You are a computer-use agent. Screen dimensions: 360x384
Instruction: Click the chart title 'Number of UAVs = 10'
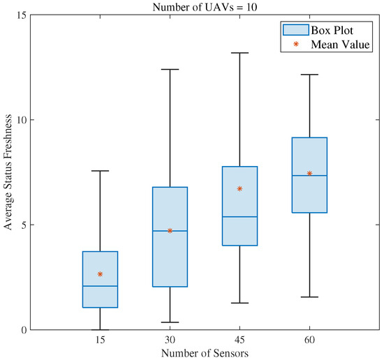(x=205, y=6)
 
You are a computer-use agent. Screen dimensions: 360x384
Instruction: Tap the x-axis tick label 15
(x=100, y=340)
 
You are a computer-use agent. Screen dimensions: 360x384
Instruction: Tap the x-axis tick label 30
(x=170, y=340)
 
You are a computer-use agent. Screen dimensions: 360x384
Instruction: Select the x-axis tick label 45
(x=239, y=340)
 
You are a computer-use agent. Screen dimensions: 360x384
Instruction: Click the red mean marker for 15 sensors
(x=100, y=274)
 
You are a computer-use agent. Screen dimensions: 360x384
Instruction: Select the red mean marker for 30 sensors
(x=170, y=230)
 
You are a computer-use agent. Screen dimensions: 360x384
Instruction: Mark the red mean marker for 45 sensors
(x=239, y=188)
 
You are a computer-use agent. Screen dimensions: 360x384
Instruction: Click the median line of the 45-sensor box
(x=239, y=216)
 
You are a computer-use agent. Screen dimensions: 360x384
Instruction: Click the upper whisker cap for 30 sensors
(x=170, y=69)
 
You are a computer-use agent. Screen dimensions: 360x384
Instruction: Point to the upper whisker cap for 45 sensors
(x=239, y=52)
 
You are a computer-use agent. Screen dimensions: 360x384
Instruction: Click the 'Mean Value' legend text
(x=341, y=45)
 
